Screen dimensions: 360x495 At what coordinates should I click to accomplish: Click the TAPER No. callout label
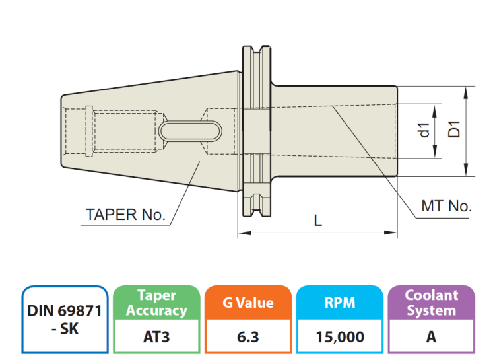click(x=125, y=215)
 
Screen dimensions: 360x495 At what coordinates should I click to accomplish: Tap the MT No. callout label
click(x=447, y=206)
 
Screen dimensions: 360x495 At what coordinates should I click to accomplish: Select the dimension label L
click(x=318, y=220)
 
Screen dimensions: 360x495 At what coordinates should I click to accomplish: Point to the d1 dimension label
click(x=424, y=130)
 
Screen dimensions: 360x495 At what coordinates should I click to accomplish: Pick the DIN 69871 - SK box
click(x=65, y=320)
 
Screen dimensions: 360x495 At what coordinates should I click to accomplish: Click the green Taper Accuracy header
click(x=156, y=303)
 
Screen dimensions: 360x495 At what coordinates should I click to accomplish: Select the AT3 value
click(x=156, y=337)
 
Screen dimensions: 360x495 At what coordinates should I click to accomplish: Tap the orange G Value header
click(x=248, y=303)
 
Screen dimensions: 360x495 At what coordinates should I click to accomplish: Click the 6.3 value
click(x=248, y=337)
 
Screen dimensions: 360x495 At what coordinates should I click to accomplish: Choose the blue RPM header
click(x=340, y=303)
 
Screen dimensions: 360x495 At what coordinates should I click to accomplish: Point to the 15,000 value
click(x=340, y=337)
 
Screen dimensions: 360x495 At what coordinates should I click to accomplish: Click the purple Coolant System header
click(x=431, y=303)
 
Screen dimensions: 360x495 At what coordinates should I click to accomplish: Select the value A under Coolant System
click(x=431, y=337)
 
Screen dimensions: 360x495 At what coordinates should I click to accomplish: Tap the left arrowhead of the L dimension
click(x=242, y=233)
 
